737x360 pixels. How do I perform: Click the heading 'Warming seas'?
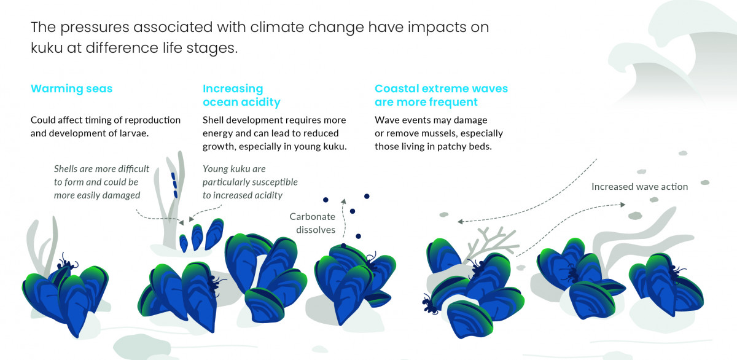tap(71, 88)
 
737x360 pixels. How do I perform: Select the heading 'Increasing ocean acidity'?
tap(241, 95)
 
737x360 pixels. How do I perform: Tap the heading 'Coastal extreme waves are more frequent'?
tap(441, 95)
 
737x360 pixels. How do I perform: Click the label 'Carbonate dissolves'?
tap(313, 223)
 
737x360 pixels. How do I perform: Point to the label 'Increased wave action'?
tap(639, 187)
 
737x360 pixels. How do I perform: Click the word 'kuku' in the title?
tap(47, 48)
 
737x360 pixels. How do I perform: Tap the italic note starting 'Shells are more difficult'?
tap(101, 182)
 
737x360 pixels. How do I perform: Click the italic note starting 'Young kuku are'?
tap(250, 182)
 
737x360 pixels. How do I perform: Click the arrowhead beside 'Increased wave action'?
tap(622, 205)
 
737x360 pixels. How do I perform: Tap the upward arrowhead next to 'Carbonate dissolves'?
tap(343, 202)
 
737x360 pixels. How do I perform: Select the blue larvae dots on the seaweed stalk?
tap(174, 185)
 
